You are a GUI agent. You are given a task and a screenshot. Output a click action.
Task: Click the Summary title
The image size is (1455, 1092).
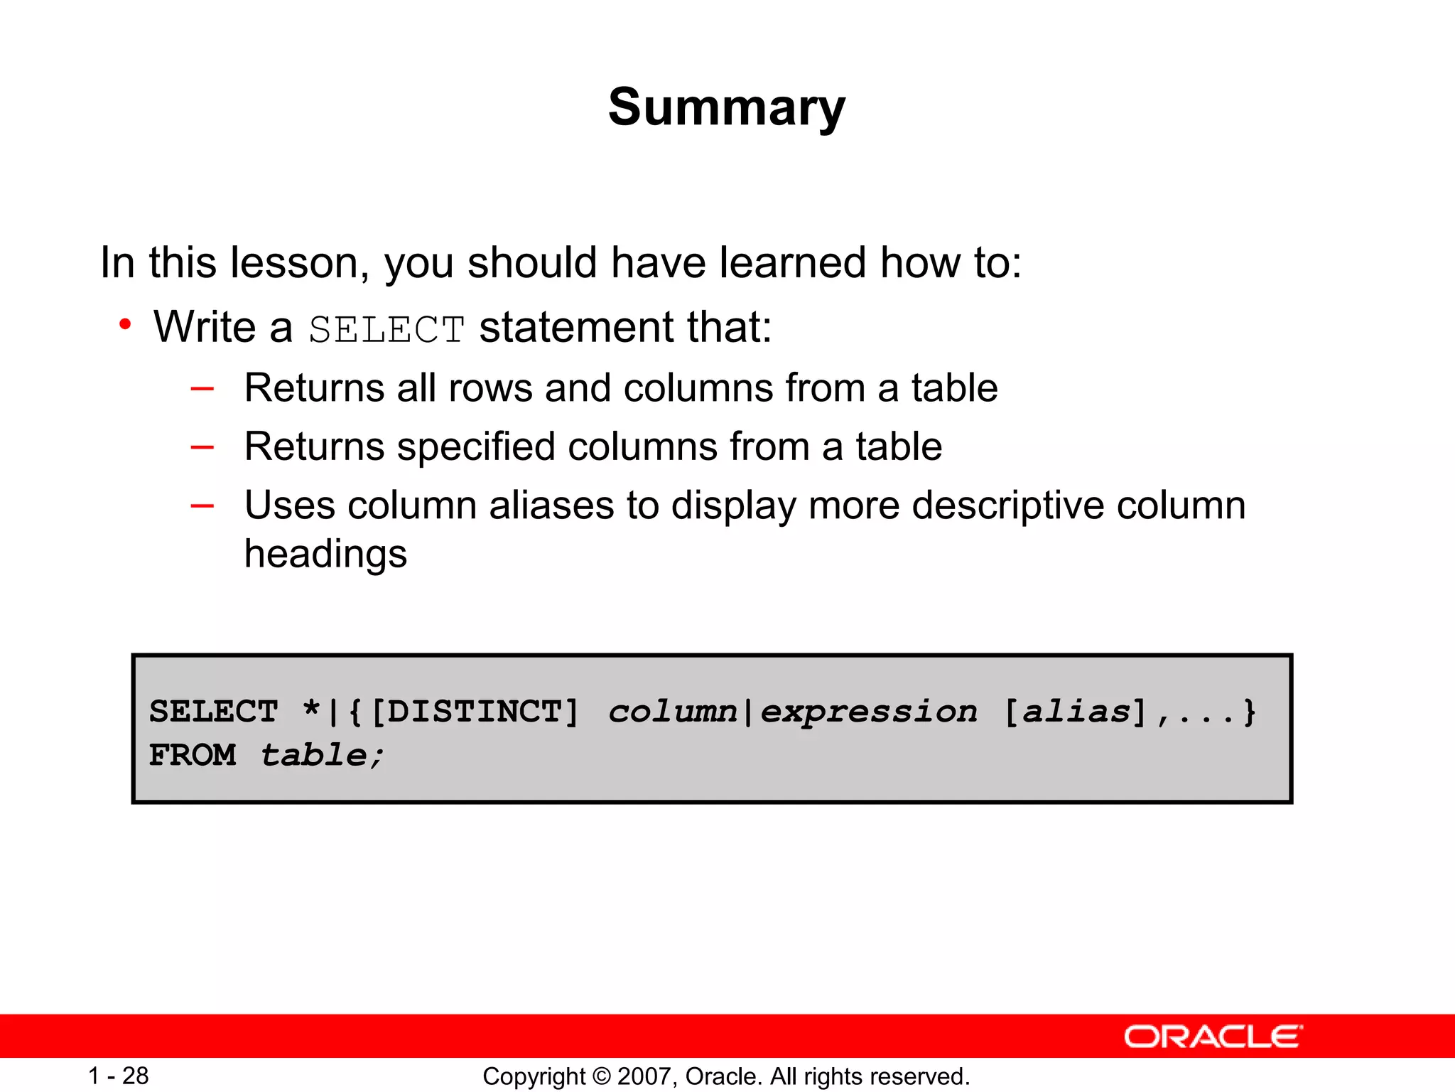pos(727,107)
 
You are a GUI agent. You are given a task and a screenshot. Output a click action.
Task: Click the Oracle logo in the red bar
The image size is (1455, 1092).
pos(1213,1037)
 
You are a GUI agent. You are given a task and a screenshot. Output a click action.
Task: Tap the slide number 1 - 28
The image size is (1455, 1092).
pos(118,1076)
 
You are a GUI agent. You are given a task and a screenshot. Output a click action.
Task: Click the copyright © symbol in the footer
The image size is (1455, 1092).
pos(602,1076)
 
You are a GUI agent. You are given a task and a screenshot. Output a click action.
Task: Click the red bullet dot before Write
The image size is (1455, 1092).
pos(125,325)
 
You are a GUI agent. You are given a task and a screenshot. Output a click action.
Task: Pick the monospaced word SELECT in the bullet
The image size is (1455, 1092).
pos(386,330)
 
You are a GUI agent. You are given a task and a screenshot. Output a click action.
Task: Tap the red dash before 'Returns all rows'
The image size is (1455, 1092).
pos(202,388)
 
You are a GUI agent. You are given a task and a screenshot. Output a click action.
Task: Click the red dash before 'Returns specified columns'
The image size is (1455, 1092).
pos(202,446)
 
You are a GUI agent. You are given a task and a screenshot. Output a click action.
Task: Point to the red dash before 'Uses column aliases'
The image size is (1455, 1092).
pos(202,505)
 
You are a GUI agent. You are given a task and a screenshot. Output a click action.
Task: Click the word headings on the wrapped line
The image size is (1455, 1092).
pos(325,555)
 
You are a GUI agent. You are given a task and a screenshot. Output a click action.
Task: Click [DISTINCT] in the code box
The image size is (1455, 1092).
pos(475,712)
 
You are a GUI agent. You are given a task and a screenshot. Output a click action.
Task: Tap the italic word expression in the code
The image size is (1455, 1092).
pos(869,712)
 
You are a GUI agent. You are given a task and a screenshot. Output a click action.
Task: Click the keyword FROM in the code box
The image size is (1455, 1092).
pos(192,755)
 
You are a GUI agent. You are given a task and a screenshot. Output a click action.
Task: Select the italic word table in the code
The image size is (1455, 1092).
pos(314,755)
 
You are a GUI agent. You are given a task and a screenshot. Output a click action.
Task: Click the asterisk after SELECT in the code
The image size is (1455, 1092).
pos(311,709)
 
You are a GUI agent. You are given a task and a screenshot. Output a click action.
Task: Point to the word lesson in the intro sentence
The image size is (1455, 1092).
pos(299,262)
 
